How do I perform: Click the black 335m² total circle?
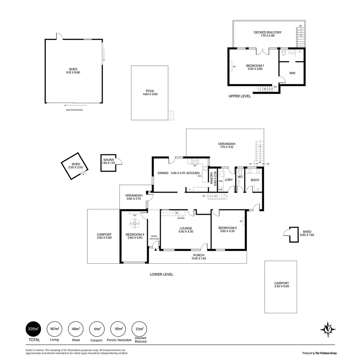tap(33, 329)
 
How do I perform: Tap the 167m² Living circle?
tap(54, 329)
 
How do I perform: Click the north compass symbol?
tap(328, 330)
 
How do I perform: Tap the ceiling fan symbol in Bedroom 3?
tap(135, 224)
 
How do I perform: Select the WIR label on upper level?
tap(292, 73)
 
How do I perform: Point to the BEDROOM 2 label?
tap(227, 228)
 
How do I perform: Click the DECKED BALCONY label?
tap(267, 32)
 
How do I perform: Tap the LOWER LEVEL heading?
tap(161, 274)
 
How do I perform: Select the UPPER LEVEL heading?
tap(240, 96)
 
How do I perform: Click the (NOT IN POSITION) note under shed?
tap(74, 110)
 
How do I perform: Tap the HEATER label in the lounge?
tap(181, 218)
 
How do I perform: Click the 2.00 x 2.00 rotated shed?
tap(75, 165)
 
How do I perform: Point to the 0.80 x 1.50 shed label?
tap(307, 233)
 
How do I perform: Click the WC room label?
tap(240, 177)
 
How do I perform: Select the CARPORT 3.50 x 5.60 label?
tap(281, 284)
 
